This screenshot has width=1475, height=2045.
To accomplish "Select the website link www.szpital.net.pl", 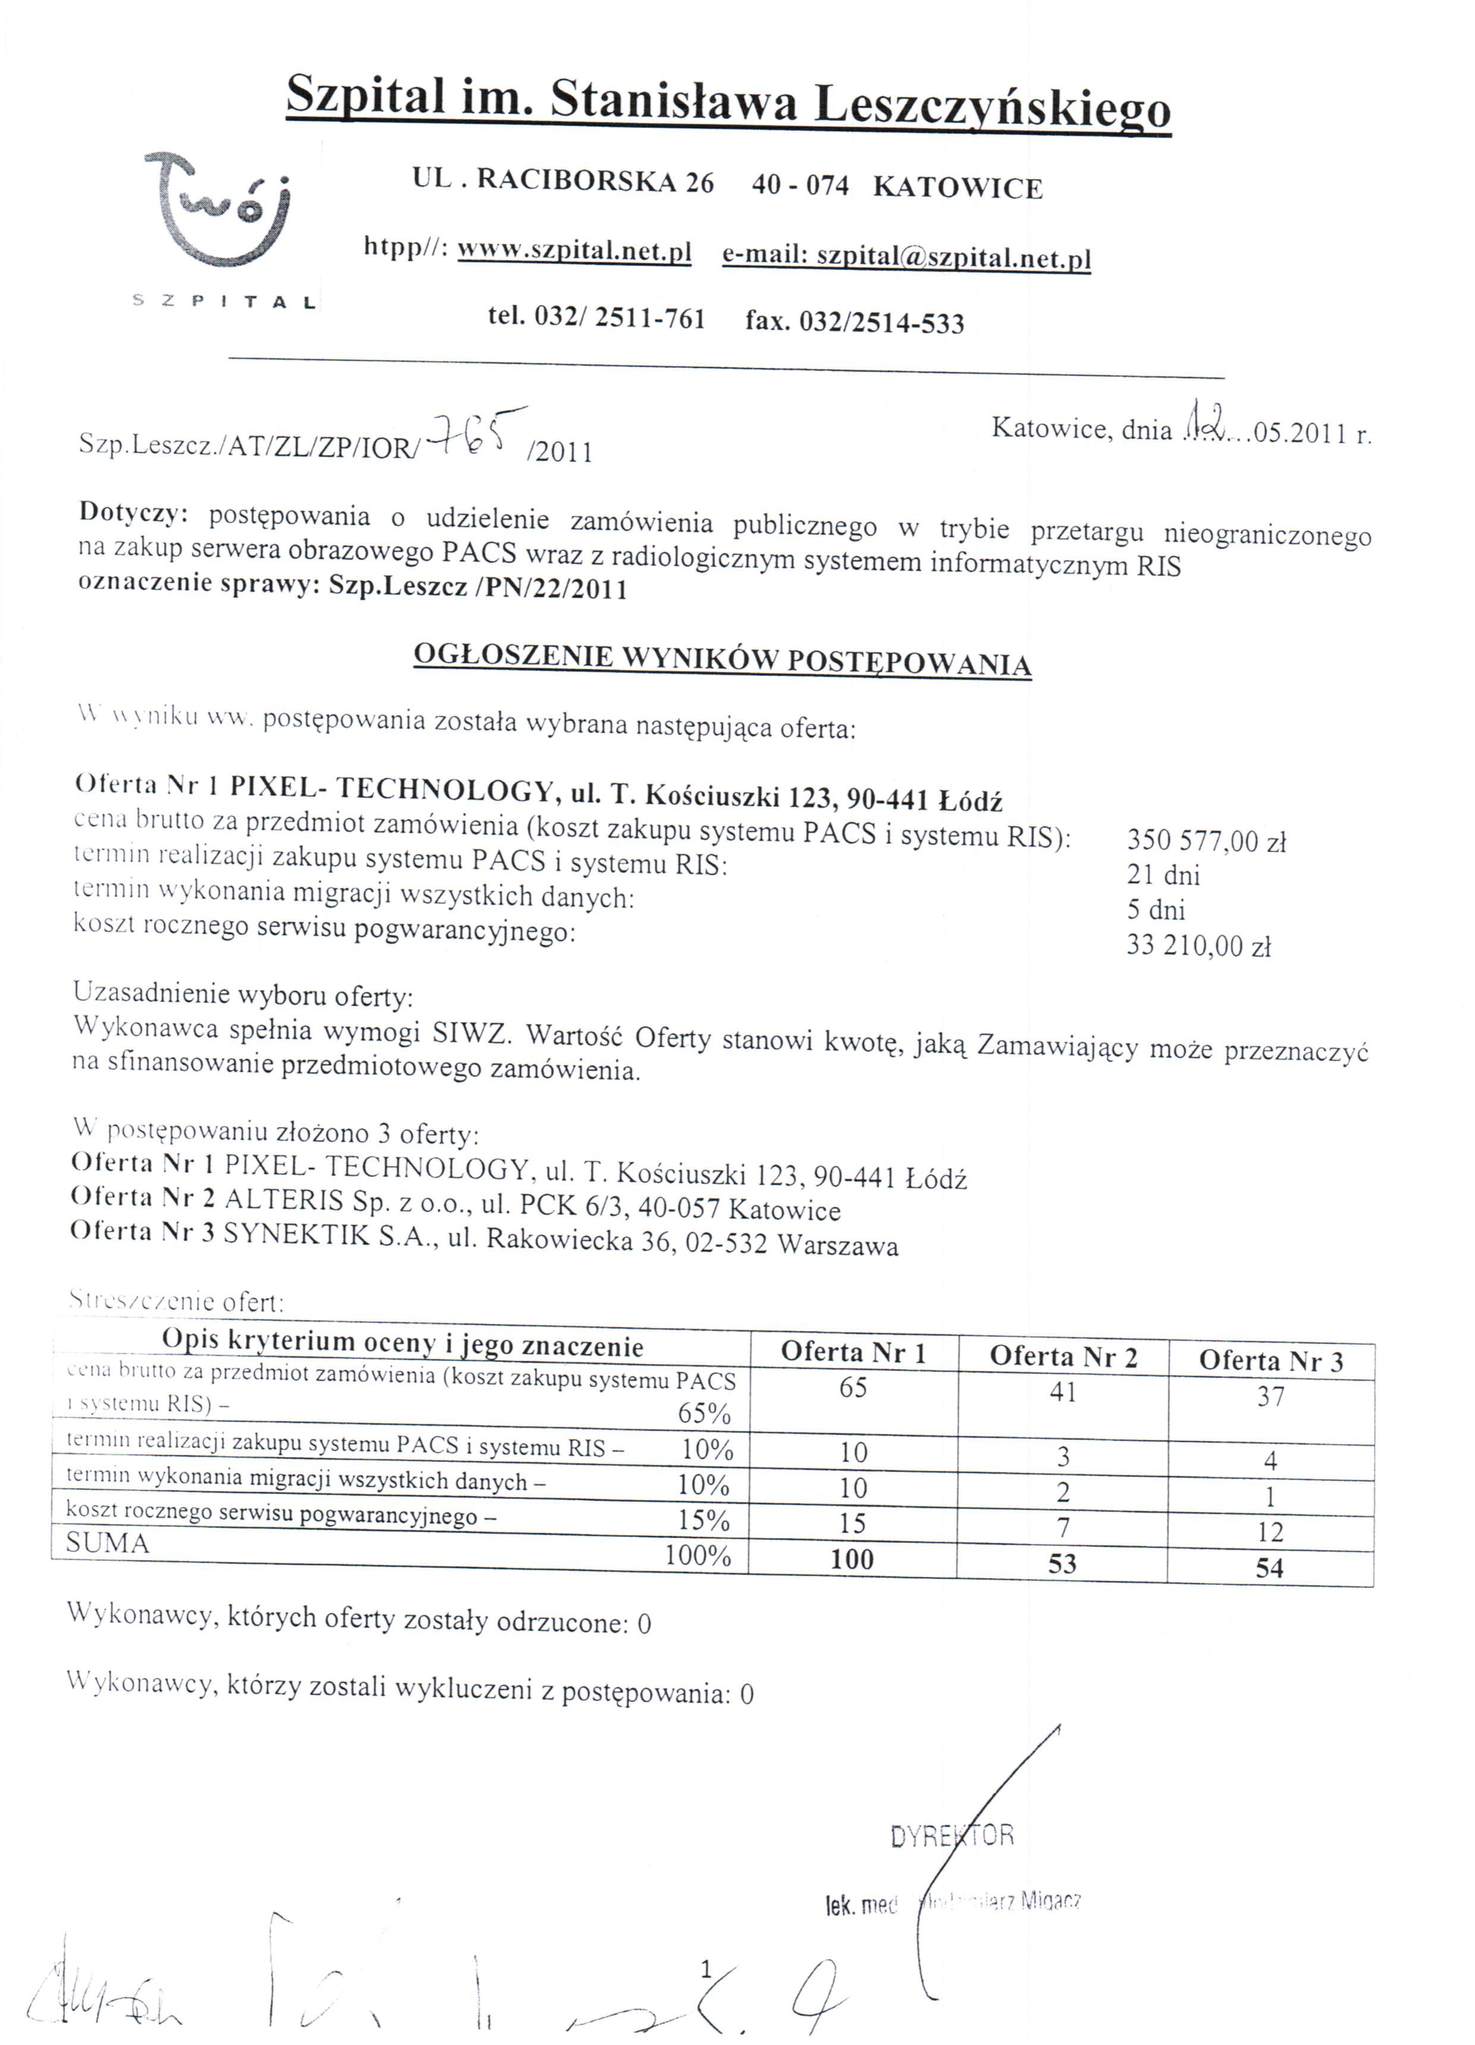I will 575,250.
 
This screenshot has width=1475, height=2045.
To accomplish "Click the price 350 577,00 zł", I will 1206,841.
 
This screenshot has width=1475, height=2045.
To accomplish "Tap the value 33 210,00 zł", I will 1198,945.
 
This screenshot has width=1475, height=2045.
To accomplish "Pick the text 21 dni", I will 1163,875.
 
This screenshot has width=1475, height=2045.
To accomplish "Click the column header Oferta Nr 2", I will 1063,1356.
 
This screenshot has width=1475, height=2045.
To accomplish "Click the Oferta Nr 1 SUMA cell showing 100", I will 852,1559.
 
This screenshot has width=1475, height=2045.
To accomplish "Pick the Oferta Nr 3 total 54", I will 1269,1567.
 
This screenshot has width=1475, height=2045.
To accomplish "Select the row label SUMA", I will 107,1543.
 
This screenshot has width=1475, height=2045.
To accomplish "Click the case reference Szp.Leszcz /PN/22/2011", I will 478,588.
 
